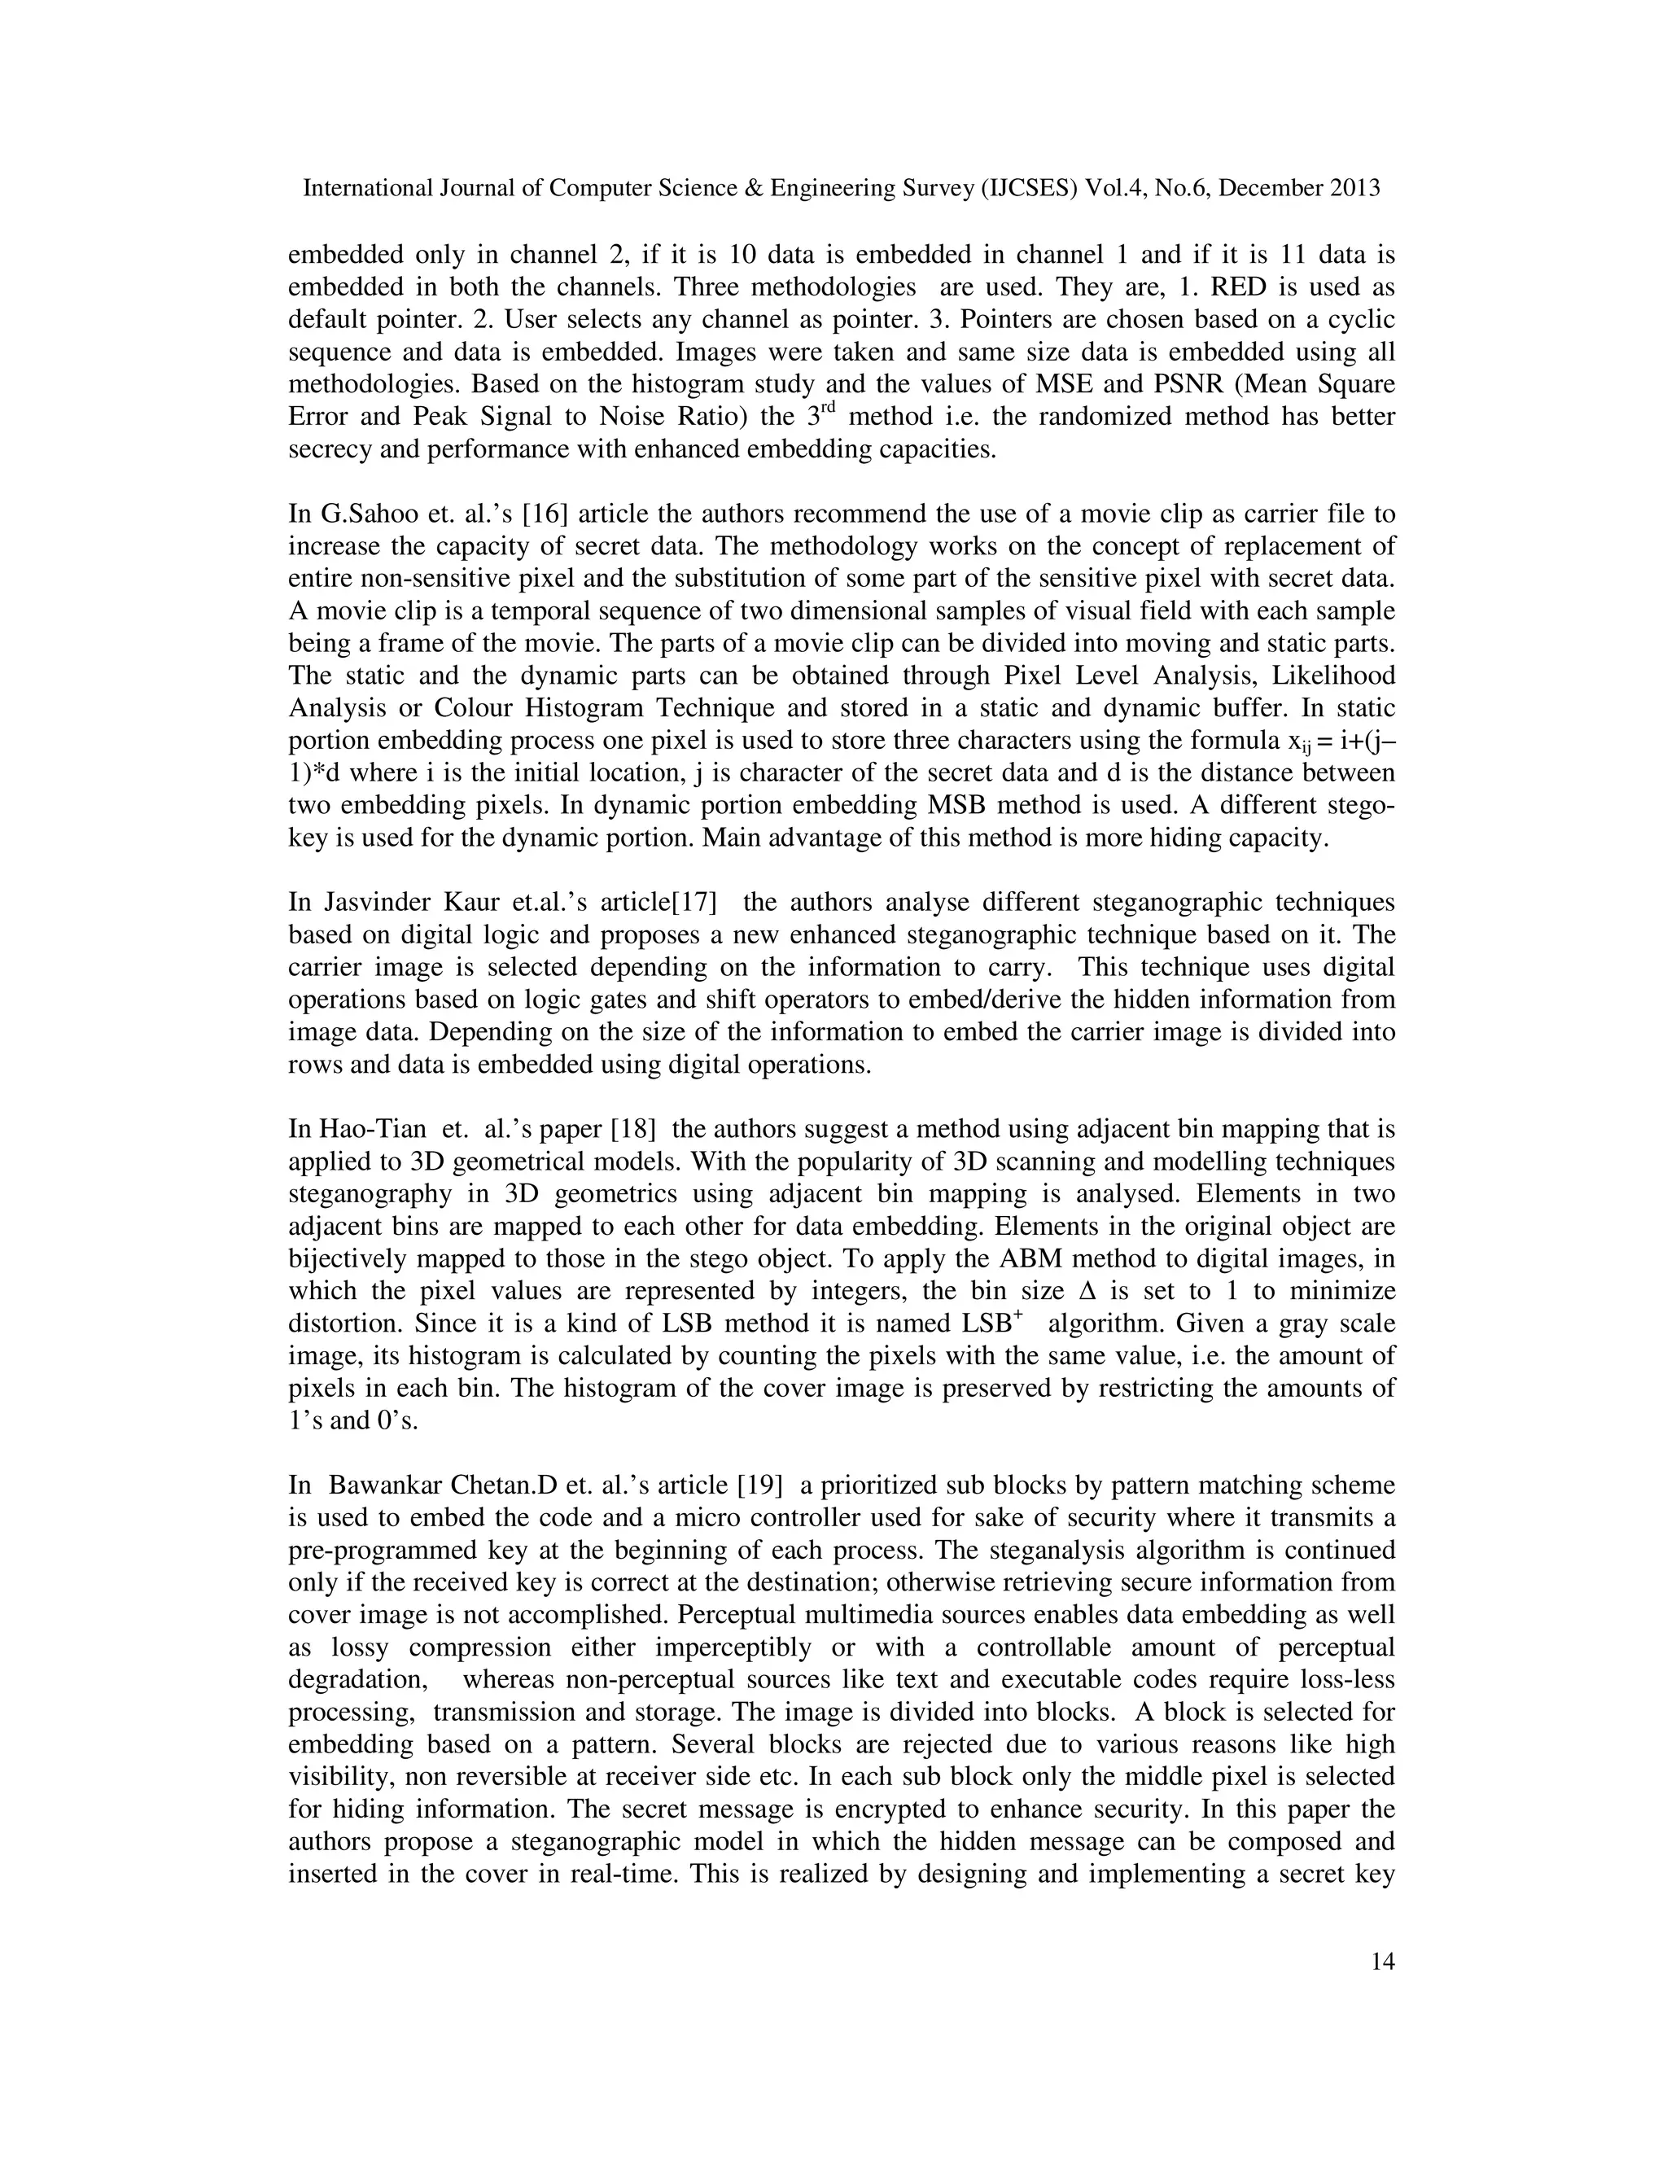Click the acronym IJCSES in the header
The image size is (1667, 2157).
click(1029, 189)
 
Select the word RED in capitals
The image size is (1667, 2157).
click(1240, 287)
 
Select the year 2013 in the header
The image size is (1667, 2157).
click(1355, 189)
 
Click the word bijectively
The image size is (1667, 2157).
click(347, 1260)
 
